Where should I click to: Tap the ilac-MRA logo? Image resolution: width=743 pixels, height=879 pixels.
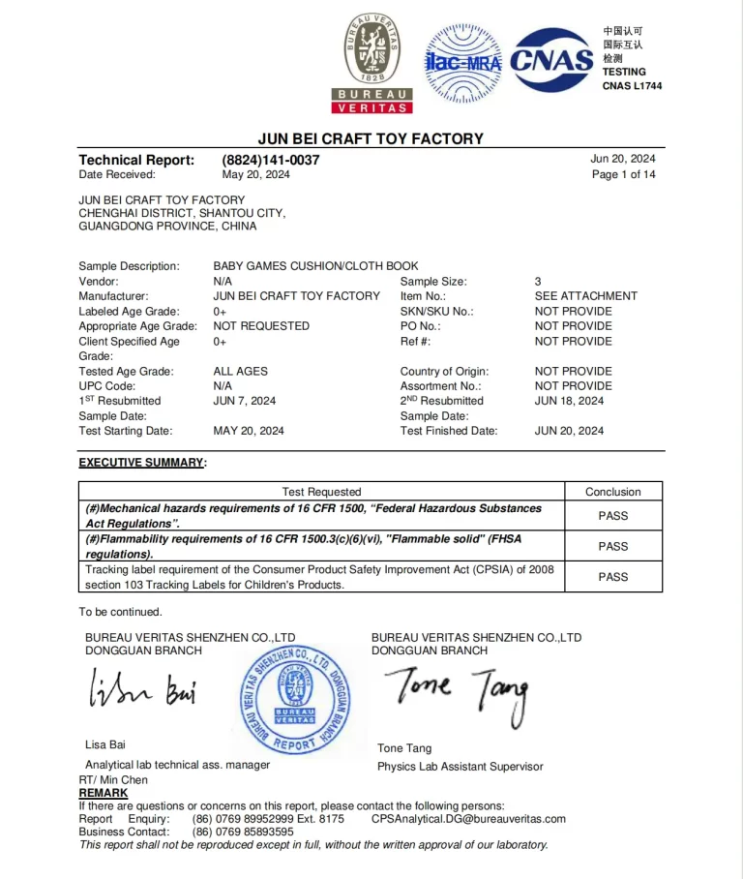click(463, 63)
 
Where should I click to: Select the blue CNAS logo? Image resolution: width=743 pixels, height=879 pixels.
click(551, 61)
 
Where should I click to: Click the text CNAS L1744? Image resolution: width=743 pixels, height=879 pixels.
click(632, 86)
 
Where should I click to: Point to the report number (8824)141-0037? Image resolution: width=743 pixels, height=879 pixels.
click(263, 160)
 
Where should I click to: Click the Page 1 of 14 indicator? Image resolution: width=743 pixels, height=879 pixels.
click(623, 174)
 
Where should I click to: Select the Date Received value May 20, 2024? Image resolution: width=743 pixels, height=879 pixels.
click(255, 174)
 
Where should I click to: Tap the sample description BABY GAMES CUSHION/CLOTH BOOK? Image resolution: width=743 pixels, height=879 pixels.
click(315, 266)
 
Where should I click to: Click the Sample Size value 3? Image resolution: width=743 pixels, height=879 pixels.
click(538, 282)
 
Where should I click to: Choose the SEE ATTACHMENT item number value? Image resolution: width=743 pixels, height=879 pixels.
click(585, 296)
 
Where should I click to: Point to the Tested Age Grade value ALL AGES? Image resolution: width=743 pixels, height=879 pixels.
click(240, 371)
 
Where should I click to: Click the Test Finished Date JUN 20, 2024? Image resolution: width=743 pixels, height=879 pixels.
click(569, 431)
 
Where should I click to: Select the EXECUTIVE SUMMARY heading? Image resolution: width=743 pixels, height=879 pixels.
click(142, 463)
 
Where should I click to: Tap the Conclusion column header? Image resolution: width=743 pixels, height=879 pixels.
click(612, 492)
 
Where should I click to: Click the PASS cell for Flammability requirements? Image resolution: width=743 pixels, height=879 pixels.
click(612, 546)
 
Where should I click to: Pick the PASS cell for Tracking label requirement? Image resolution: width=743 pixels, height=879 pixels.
click(612, 577)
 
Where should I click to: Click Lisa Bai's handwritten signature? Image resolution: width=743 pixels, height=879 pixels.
click(143, 692)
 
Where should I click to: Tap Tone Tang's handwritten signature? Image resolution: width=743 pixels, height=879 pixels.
click(461, 693)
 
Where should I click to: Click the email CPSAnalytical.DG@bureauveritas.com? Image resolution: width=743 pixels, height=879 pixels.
click(468, 819)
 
